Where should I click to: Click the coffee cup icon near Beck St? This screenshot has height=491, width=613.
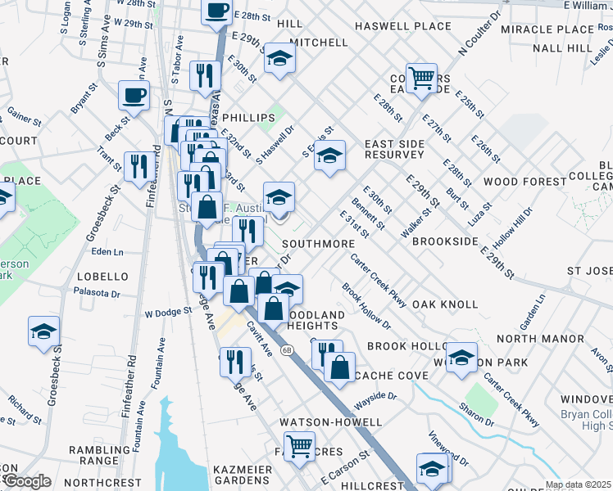tap(134, 96)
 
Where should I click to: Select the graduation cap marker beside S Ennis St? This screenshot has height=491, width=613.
tap(329, 155)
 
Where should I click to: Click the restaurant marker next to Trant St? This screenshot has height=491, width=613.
tap(136, 166)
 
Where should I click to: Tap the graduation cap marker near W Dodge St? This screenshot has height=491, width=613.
tap(43, 331)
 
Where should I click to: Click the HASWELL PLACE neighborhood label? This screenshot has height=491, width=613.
tap(403, 26)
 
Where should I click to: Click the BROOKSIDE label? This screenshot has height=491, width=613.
tap(445, 242)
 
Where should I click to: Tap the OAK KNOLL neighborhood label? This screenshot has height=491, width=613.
tap(445, 304)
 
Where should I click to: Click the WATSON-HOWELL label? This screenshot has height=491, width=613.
tap(330, 422)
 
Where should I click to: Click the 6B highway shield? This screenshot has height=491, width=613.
tap(287, 350)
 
